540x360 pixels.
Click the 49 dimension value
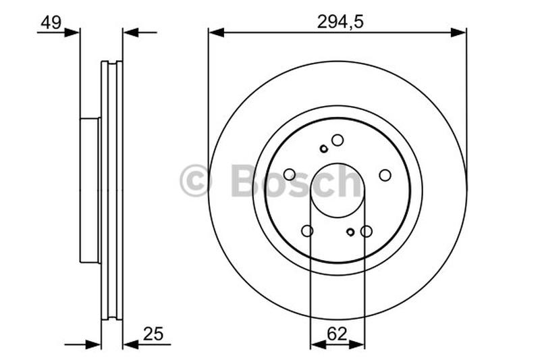[51, 22]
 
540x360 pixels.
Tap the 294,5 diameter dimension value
[340, 22]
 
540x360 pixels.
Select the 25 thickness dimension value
[153, 334]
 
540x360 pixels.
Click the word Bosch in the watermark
[296, 181]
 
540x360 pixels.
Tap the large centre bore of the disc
[337, 190]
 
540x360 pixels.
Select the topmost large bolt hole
[337, 140]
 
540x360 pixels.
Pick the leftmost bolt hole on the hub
[290, 174]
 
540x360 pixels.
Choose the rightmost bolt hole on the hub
[385, 175]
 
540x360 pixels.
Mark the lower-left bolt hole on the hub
[307, 231]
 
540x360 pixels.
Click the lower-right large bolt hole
[367, 231]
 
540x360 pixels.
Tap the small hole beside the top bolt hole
[324, 149]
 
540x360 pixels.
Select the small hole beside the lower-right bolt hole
[350, 232]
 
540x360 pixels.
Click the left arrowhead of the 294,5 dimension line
[215, 32]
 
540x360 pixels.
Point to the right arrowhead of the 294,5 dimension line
[460, 32]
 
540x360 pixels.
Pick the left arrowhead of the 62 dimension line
[316, 344]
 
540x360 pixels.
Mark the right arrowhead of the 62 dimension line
[358, 344]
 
